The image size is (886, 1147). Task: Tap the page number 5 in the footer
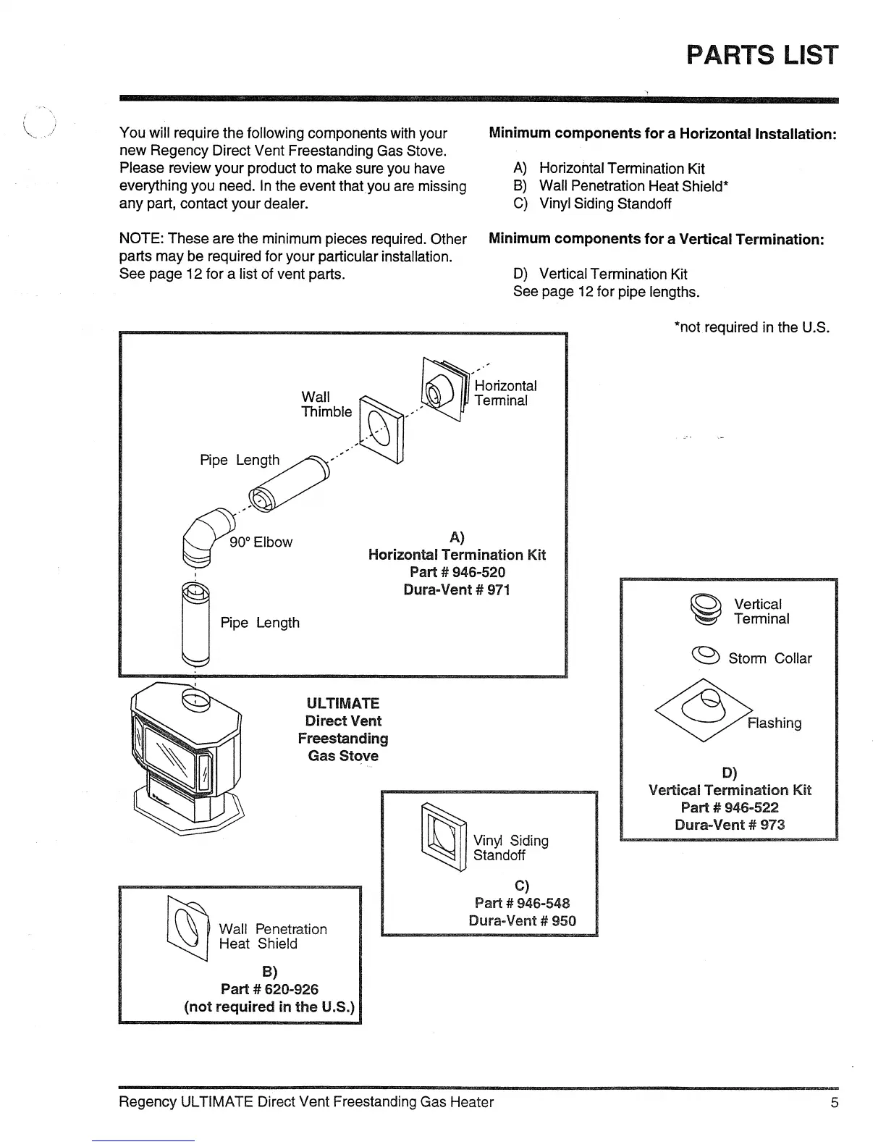point(834,1102)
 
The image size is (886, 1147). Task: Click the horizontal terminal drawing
point(444,390)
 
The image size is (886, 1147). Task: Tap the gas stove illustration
point(186,757)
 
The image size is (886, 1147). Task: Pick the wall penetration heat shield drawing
point(187,927)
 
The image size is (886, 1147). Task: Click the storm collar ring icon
point(706,655)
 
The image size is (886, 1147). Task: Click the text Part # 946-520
point(457,572)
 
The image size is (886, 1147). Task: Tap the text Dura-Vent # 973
point(729,825)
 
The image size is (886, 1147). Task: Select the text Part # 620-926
point(269,989)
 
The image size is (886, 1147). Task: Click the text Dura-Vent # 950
point(522,920)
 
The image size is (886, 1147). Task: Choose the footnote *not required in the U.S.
point(751,327)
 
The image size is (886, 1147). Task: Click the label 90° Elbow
point(261,542)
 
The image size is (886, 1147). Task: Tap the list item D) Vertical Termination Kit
point(600,274)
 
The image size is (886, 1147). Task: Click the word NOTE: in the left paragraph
point(141,239)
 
